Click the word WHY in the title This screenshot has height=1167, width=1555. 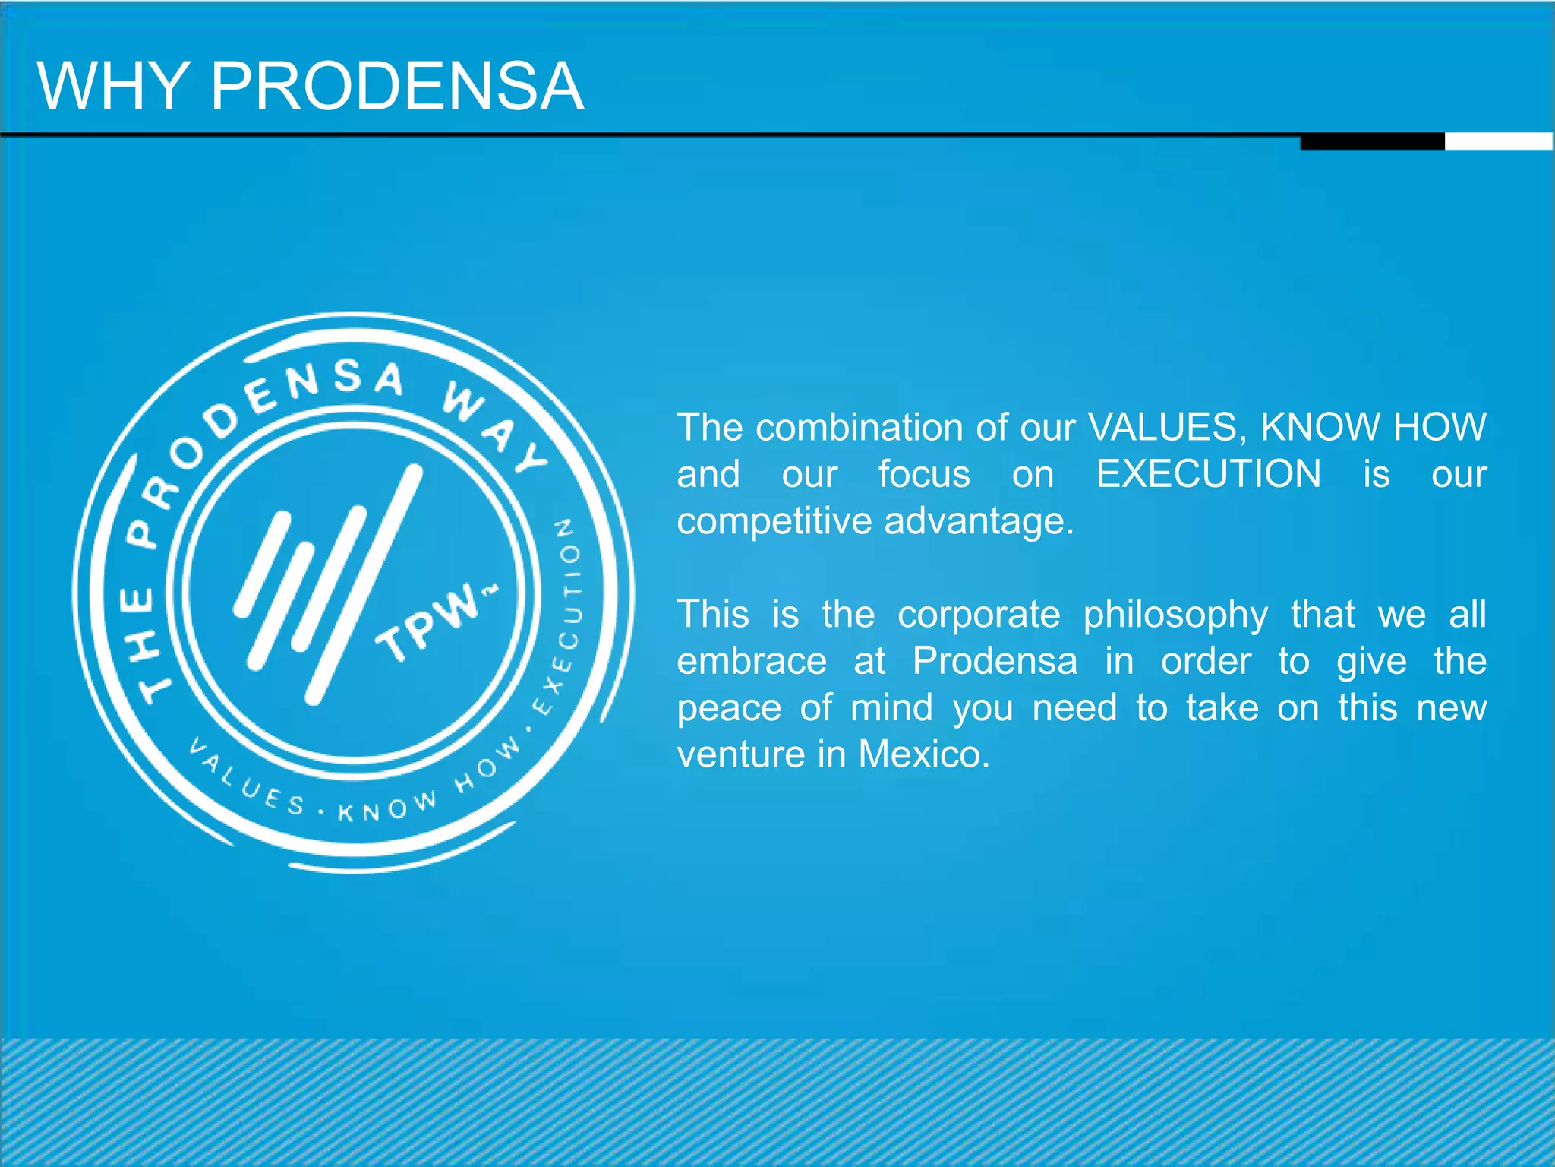click(113, 86)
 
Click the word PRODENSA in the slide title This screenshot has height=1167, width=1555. click(396, 86)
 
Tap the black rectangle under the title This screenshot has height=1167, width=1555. click(1372, 141)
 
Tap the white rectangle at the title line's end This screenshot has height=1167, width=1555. click(1499, 141)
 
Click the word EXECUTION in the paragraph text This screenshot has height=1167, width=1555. click(1208, 474)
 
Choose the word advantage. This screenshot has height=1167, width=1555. click(979, 521)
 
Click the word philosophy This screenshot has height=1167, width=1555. click(1175, 615)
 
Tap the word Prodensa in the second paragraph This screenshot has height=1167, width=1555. click(995, 661)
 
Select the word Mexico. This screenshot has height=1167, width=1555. click(924, 754)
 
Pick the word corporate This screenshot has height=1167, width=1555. click(979, 615)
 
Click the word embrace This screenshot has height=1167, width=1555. click(752, 661)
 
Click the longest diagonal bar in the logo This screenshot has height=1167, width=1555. click(364, 585)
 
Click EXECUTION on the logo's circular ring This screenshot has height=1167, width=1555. click(566, 615)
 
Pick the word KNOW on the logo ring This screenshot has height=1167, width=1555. click(387, 807)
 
